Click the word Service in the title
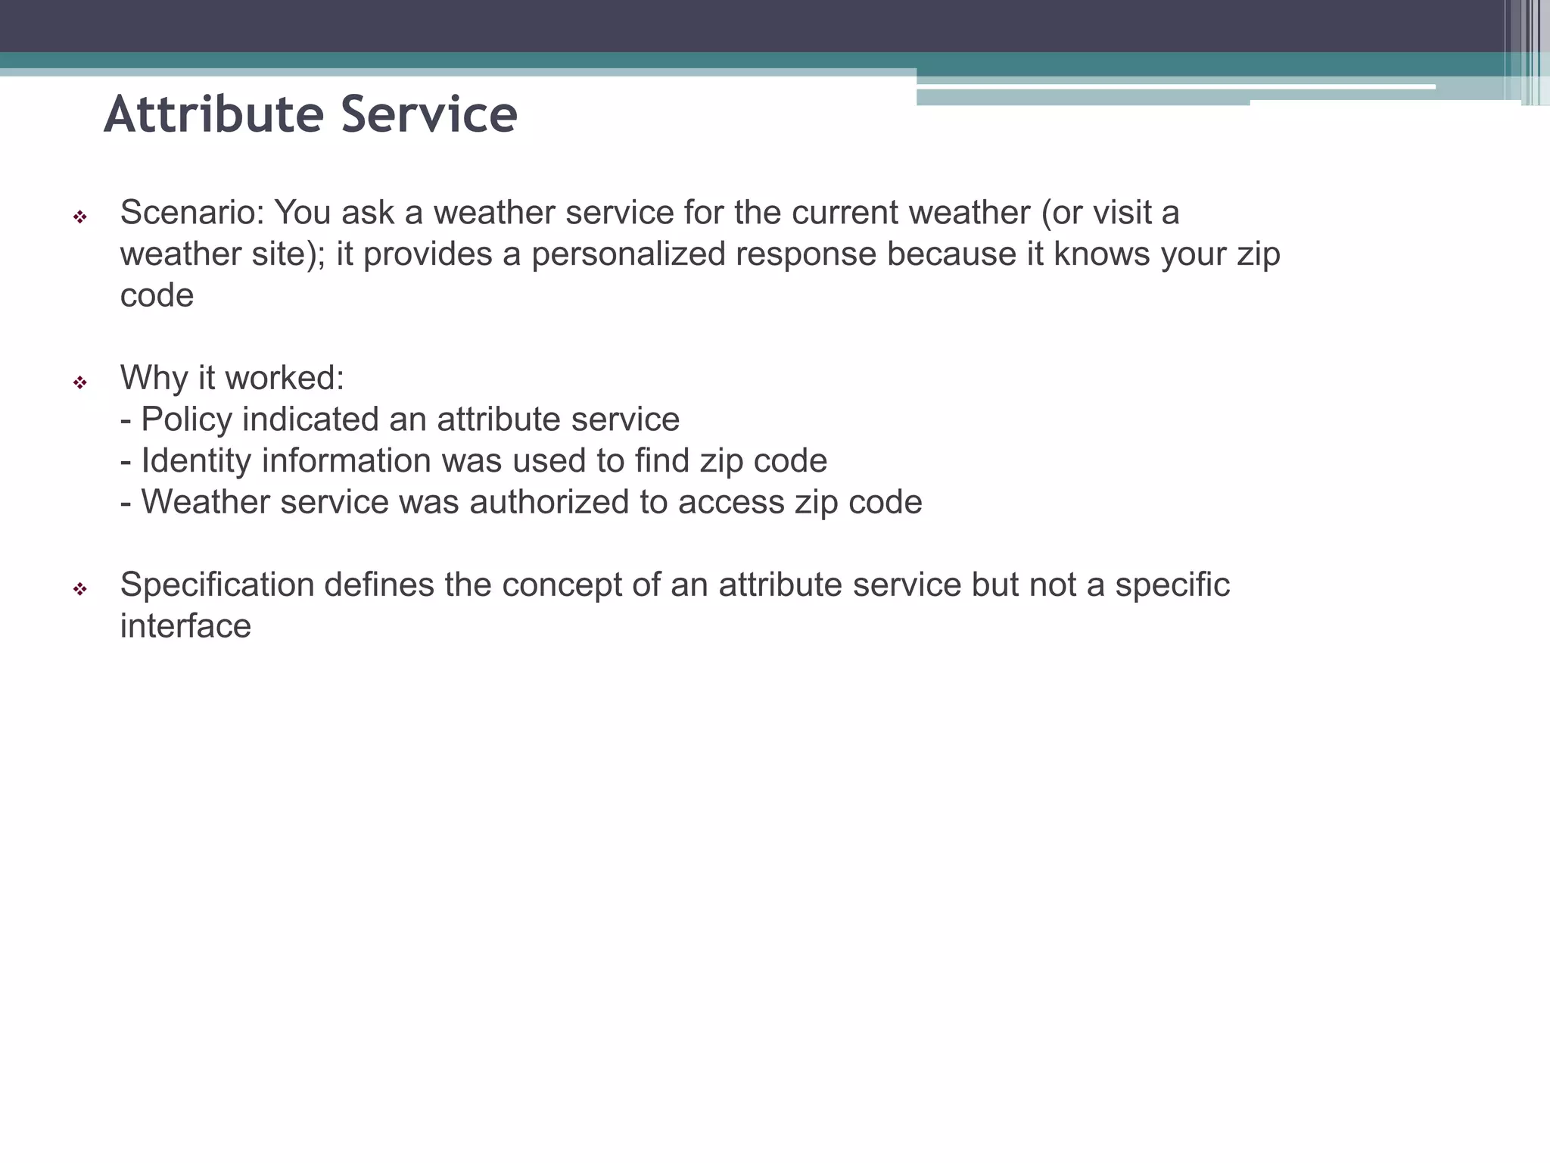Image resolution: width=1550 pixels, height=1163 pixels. pos(429,115)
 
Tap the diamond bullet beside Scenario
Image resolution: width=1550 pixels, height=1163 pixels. pos(79,217)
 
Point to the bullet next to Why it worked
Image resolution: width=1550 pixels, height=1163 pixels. pos(79,382)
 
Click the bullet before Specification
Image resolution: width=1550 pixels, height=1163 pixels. pos(79,589)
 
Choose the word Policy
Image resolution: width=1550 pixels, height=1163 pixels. pos(186,419)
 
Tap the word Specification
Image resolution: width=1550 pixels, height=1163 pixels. pos(217,585)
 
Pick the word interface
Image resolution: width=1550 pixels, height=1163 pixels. pos(185,626)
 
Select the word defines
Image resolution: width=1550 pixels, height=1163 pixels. pos(379,585)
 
